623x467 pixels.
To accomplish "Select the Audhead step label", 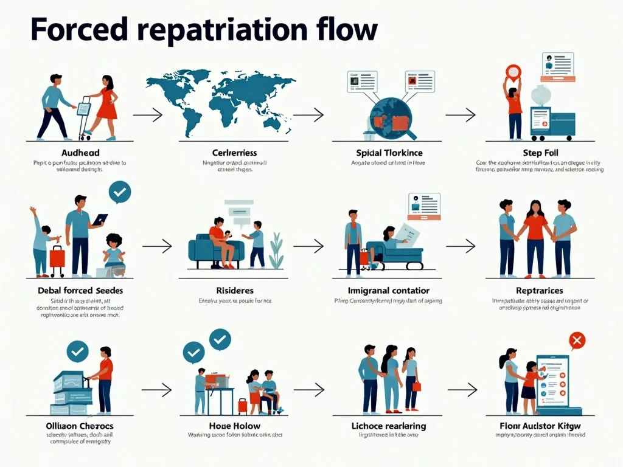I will click(x=80, y=153).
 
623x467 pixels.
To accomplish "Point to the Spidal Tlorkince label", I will click(x=389, y=153).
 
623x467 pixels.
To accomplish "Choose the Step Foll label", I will click(x=540, y=153).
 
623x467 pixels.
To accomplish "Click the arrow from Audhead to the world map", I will click(x=147, y=114).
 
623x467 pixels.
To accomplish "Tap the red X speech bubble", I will click(x=576, y=340).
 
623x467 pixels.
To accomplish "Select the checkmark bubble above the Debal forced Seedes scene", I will click(x=119, y=192).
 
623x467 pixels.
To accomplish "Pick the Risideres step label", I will click(x=235, y=290).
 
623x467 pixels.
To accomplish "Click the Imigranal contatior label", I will click(x=389, y=290).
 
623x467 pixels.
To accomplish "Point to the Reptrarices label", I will click(x=539, y=290).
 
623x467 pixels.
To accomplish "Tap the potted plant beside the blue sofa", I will click(x=276, y=251).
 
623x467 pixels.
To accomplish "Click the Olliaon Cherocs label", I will click(x=79, y=426).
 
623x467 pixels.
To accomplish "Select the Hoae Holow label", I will click(x=235, y=426).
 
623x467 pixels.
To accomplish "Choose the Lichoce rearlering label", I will click(x=389, y=426).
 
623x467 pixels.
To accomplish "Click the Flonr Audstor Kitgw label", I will click(x=540, y=426).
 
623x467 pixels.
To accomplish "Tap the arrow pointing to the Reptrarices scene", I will click(x=461, y=246).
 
